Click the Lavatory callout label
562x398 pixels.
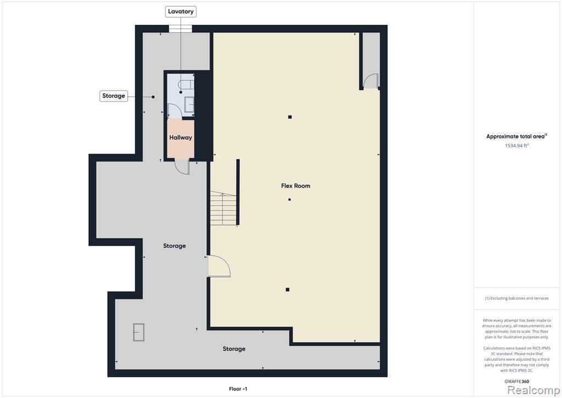pos(181,12)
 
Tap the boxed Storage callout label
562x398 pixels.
pos(114,96)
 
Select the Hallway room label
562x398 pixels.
pos(181,137)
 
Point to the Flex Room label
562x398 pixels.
pos(296,186)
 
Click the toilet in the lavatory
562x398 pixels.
pos(187,85)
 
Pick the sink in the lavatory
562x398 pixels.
pos(189,104)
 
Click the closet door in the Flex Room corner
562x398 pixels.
pos(370,81)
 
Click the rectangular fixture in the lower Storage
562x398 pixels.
pos(139,333)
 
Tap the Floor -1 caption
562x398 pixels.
pos(238,389)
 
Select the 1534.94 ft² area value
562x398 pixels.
pos(517,145)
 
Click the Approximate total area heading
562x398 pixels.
pos(516,136)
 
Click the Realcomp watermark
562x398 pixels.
pos(533,390)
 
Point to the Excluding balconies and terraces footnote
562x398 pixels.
pos(516,298)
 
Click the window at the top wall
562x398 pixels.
pos(181,29)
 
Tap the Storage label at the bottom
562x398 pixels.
pos(234,349)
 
